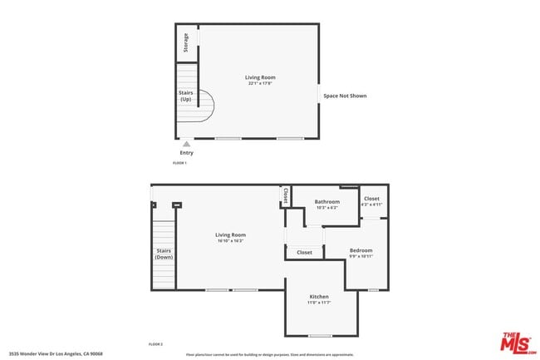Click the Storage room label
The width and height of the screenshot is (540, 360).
coord(186,42)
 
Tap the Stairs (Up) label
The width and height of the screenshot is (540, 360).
coord(186,96)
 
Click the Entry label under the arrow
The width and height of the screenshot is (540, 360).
coord(186,153)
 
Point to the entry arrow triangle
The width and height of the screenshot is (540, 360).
coord(186,144)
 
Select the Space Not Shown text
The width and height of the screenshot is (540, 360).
coord(345,96)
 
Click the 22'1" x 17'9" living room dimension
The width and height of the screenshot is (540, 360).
coord(260,84)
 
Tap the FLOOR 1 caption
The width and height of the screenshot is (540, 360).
coord(179,163)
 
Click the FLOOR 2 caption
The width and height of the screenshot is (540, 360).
coord(155,343)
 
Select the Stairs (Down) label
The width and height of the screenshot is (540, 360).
coord(164,254)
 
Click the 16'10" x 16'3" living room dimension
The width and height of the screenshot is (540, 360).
coord(232,240)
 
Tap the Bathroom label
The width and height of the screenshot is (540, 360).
coord(326,202)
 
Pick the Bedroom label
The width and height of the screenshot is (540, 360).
coord(361,250)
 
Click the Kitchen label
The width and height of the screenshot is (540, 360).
coord(319,297)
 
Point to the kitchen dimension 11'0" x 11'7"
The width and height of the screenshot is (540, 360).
coord(319,303)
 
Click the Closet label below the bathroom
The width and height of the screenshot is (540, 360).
coord(304,252)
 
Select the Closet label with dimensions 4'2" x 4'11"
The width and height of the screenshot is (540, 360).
coord(371,199)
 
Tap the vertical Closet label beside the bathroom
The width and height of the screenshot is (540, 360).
coord(285,196)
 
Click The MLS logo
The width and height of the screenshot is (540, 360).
coord(518,341)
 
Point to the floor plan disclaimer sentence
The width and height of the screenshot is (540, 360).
coord(269,354)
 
